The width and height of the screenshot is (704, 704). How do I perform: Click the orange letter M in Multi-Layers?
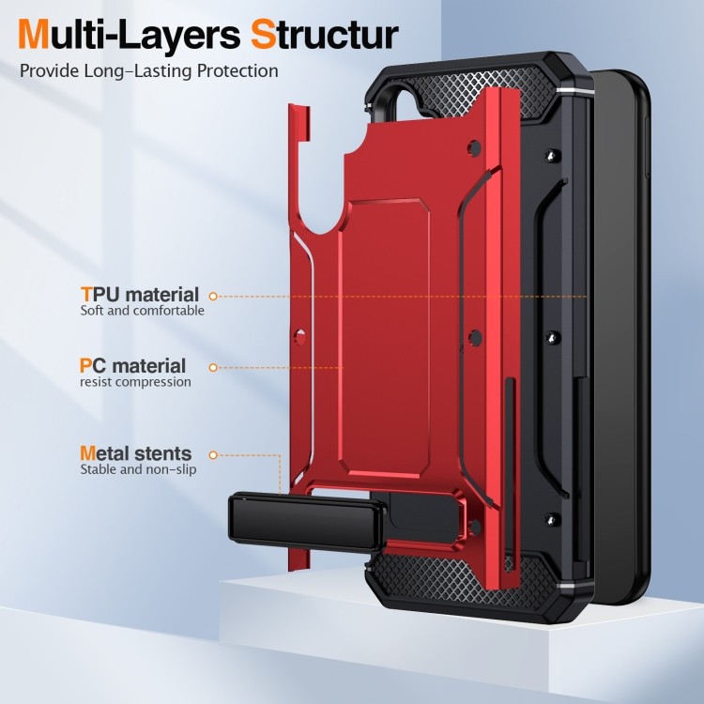33,35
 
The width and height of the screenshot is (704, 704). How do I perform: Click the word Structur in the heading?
324,35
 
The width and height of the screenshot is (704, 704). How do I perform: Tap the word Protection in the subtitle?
238,71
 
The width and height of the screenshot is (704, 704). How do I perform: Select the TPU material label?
140,295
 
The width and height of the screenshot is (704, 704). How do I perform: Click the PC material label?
132,365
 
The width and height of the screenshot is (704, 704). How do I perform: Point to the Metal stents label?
135,453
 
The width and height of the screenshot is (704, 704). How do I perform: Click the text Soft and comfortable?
142,311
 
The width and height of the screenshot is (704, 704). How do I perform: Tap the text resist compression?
135,382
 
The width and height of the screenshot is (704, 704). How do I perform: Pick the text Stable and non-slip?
138,469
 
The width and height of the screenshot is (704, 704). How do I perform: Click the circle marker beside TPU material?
213,297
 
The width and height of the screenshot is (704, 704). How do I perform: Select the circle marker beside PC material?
213,368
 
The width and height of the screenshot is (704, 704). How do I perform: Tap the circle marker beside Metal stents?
213,455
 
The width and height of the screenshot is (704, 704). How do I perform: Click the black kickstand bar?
307,523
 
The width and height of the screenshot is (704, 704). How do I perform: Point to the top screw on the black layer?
552,156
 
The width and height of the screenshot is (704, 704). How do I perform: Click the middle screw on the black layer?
552,338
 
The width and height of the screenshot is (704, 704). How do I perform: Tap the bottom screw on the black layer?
552,519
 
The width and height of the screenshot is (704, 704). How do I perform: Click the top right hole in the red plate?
475,148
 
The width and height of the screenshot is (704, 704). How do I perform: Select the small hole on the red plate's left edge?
300,336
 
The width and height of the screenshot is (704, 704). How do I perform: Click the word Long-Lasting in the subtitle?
138,71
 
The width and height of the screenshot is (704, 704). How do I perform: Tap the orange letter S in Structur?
264,35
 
